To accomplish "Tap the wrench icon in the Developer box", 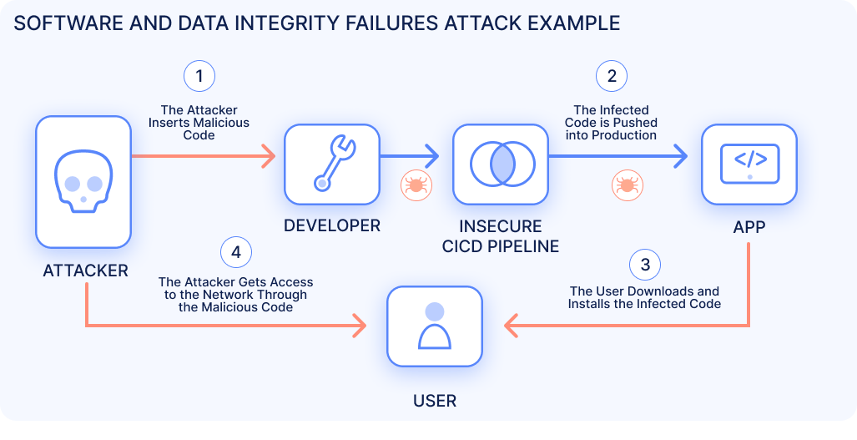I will (332, 163).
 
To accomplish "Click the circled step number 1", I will (199, 77).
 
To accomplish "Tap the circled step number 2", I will (612, 77).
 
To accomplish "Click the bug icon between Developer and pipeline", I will (414, 185).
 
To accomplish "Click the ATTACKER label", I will (85, 271).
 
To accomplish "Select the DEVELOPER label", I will (332, 225).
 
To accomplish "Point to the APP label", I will (749, 225).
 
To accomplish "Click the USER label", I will (435, 401).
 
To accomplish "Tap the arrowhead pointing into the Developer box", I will (269, 155).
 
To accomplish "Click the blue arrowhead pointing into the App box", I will (682, 155).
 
